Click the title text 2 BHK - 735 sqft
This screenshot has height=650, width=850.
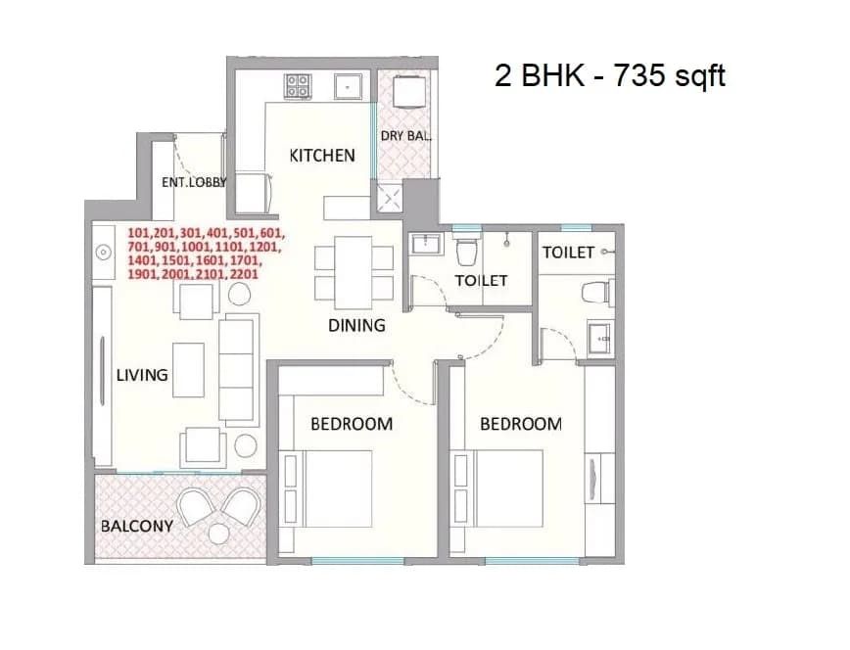click(610, 75)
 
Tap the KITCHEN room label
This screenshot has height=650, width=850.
click(321, 156)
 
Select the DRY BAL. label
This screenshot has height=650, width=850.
click(405, 136)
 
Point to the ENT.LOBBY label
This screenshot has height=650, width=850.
click(194, 182)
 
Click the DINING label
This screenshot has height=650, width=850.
click(356, 325)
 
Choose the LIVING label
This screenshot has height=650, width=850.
click(142, 375)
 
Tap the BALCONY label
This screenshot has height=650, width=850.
click(137, 526)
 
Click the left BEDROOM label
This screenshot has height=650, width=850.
click(352, 424)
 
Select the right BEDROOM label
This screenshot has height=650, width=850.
click(521, 424)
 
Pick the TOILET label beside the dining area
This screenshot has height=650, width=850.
click(481, 281)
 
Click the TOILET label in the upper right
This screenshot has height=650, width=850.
click(568, 253)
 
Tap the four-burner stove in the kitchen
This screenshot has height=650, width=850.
click(298, 86)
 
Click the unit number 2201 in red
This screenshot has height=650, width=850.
click(245, 274)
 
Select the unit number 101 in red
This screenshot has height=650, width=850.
click(139, 233)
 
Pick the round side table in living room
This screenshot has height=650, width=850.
click(246, 445)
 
